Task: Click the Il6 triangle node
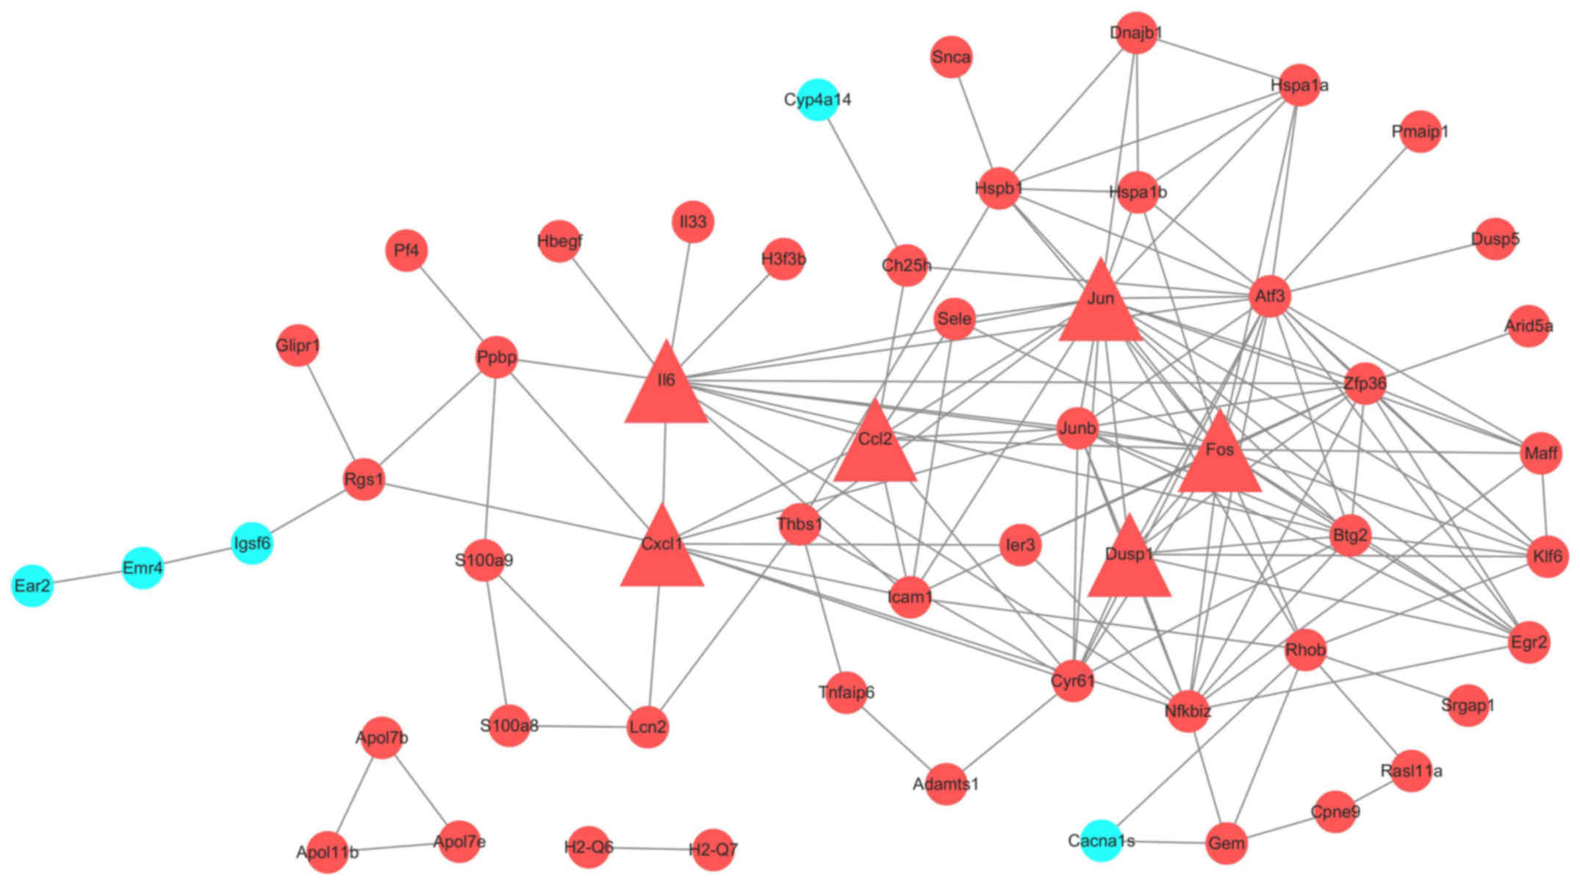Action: click(x=666, y=388)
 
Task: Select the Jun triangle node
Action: click(x=1100, y=306)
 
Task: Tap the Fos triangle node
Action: click(x=1220, y=457)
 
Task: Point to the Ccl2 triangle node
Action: click(x=875, y=447)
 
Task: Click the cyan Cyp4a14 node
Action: click(x=817, y=99)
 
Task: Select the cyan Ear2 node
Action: click(x=32, y=585)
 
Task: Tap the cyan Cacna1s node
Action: click(x=1101, y=840)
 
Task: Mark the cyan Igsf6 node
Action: click(x=252, y=544)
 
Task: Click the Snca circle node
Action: click(x=951, y=57)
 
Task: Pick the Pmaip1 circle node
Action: click(x=1420, y=131)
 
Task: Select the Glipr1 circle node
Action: click(x=298, y=345)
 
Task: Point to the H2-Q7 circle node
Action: click(x=713, y=850)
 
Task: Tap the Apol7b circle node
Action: click(x=381, y=738)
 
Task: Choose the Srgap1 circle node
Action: click(x=1468, y=705)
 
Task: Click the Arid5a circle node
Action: click(x=1529, y=326)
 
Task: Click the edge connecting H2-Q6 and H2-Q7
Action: click(x=650, y=848)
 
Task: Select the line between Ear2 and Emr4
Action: click(x=87, y=577)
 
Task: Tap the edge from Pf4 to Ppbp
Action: click(x=451, y=304)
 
